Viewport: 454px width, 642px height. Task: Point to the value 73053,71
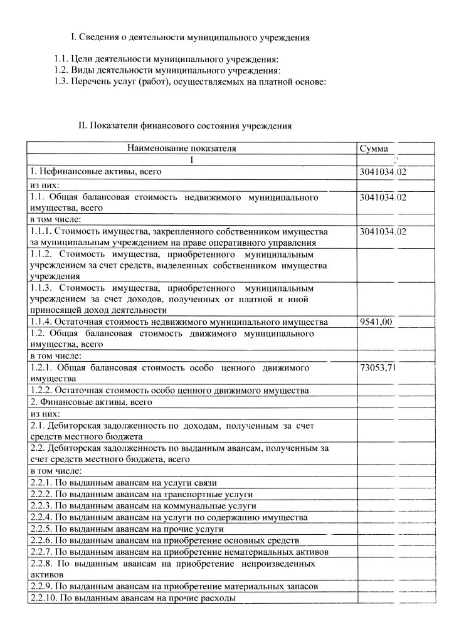(378, 368)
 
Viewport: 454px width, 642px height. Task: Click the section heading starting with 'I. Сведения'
(190, 38)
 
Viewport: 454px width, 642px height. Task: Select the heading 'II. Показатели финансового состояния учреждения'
(185, 125)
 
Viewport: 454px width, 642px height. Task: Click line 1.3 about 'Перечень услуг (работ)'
(190, 82)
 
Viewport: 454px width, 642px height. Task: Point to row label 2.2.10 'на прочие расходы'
(133, 599)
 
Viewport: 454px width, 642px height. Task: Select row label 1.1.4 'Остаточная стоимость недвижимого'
(179, 322)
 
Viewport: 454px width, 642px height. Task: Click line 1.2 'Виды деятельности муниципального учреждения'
(167, 71)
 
